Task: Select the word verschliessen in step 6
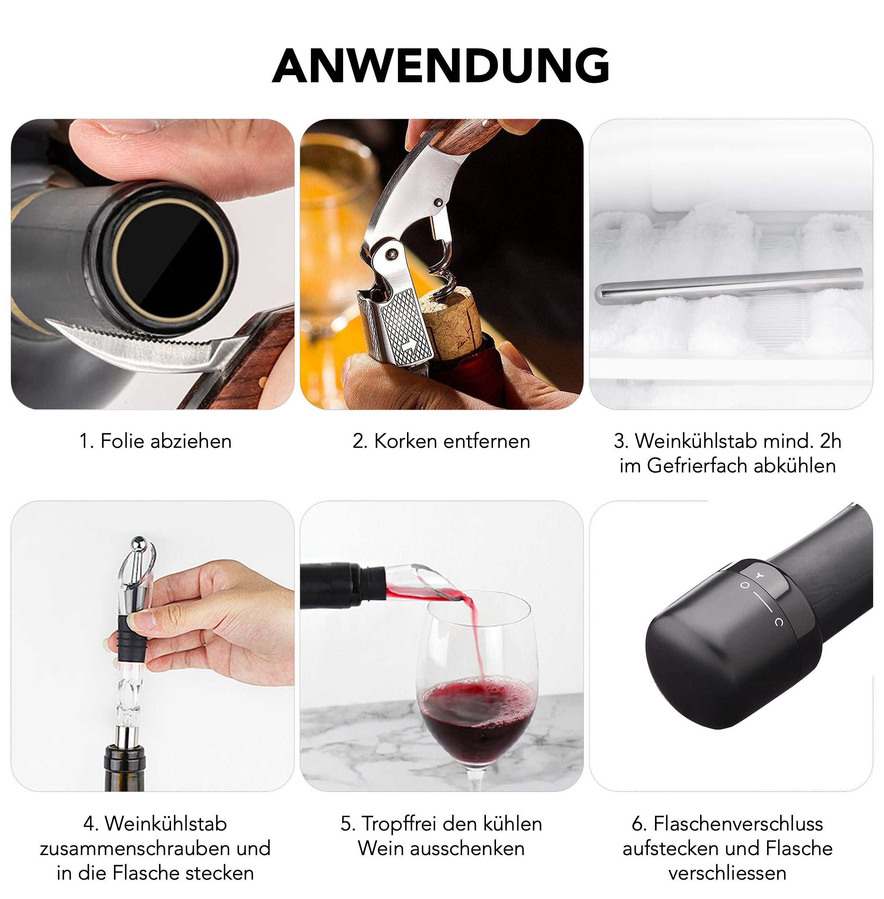[x=727, y=873]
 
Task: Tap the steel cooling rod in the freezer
[x=729, y=284]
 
